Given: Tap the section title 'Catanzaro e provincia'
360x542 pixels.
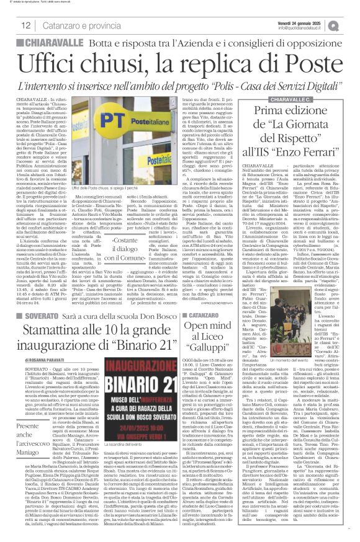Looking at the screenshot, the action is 73,25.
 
